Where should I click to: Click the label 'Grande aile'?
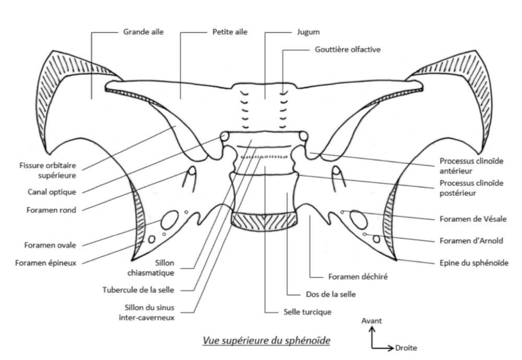pyautogui.click(x=143, y=32)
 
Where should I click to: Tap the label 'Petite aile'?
pyautogui.click(x=230, y=32)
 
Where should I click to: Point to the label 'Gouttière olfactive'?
pyautogui.click(x=348, y=50)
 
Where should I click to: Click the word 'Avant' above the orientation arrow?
pyautogui.click(x=372, y=321)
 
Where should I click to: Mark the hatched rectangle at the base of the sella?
pyautogui.click(x=265, y=221)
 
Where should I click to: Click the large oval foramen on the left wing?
pyautogui.click(x=169, y=221)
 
